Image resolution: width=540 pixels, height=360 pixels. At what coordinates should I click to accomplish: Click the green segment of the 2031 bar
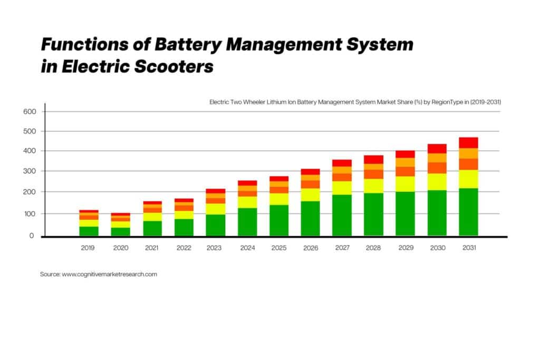pos(468,212)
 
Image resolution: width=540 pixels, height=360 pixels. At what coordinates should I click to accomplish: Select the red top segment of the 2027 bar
pos(342,163)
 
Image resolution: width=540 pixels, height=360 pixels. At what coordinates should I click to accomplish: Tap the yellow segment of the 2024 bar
pos(247,202)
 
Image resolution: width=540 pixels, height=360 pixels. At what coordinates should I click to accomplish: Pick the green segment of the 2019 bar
pos(89,231)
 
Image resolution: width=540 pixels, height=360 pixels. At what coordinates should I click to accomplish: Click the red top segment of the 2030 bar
pos(437,148)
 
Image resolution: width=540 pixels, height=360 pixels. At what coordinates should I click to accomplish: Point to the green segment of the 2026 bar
pos(310,218)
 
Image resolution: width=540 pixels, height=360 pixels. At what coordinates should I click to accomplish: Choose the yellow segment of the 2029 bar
pos(405,183)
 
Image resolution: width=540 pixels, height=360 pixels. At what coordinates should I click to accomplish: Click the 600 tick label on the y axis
pos(29,112)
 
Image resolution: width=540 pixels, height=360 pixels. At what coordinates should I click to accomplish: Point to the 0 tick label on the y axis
pos(31,236)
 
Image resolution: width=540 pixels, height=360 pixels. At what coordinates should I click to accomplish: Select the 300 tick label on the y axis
pos(29,172)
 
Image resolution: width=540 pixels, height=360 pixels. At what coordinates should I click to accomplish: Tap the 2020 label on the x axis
pos(121,248)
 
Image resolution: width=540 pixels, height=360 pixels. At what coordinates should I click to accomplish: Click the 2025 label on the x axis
pos(278,248)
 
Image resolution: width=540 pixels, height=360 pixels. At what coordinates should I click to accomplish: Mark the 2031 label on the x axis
pos(469,248)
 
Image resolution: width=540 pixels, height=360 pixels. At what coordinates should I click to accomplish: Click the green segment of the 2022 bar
pos(184,227)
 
